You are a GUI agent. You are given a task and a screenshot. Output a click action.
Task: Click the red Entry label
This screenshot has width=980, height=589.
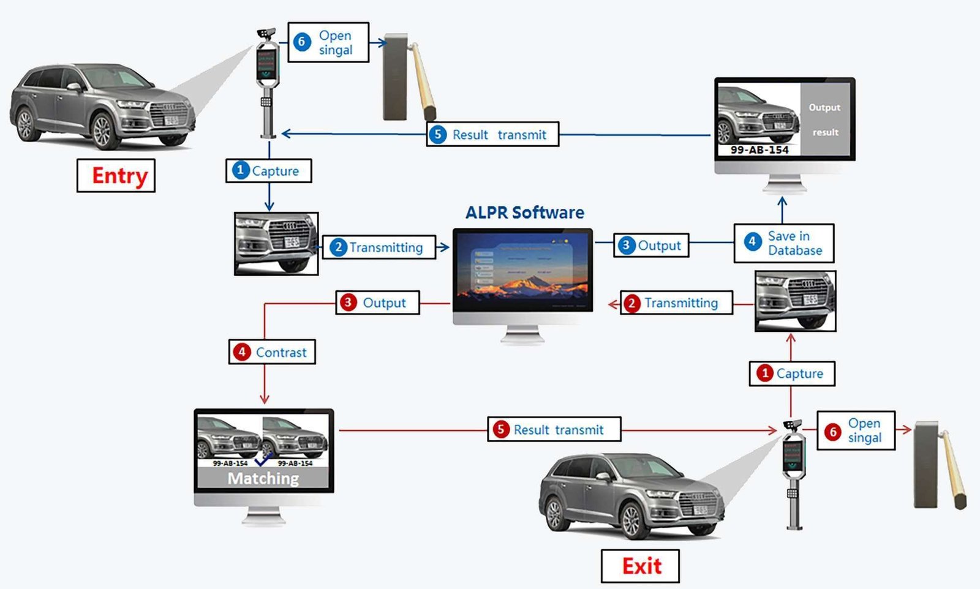tap(116, 176)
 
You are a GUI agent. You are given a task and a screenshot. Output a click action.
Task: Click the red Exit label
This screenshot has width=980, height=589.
tap(641, 566)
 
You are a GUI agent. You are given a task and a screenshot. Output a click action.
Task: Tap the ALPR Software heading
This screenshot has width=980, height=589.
tap(524, 212)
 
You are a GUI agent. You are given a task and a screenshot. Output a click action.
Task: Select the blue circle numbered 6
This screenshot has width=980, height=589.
tap(301, 42)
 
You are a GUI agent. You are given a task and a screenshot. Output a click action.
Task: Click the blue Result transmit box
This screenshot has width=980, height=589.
tap(492, 135)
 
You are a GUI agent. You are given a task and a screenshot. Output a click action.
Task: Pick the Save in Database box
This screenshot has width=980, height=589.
tap(784, 243)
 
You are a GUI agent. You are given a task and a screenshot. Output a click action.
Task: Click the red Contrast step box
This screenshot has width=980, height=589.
tap(272, 352)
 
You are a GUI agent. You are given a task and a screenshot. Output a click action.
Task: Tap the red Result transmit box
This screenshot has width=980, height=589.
tap(554, 429)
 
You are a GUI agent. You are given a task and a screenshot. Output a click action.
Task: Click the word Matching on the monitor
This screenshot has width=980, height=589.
tap(263, 478)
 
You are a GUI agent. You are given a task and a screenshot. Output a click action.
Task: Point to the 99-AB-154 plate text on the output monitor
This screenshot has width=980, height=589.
tap(759, 150)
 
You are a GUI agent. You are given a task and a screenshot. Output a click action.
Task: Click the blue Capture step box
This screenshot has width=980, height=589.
tap(268, 171)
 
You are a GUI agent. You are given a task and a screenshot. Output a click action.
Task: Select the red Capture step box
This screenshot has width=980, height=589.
tap(792, 373)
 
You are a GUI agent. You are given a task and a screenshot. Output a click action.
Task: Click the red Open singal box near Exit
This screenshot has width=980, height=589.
tap(856, 430)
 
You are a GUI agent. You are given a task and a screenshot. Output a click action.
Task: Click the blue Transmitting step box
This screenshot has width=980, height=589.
tap(379, 247)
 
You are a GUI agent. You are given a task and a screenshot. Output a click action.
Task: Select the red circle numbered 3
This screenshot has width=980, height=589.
tap(348, 302)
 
